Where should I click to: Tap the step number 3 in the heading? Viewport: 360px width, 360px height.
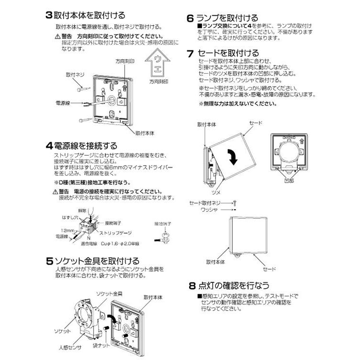[48, 15]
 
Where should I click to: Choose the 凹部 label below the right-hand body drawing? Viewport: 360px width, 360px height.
[288, 181]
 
